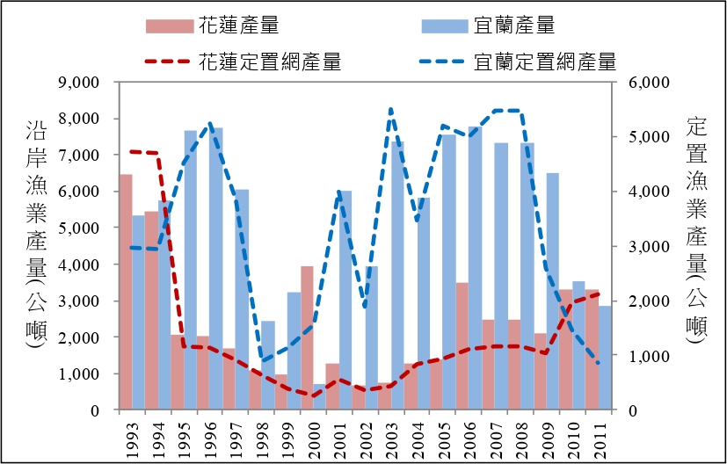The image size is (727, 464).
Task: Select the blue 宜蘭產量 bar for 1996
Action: (217, 269)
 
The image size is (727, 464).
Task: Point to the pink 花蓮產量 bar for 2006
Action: (462, 346)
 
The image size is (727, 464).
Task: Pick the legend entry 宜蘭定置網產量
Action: (519, 62)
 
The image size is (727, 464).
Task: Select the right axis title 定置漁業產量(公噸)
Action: (694, 233)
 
